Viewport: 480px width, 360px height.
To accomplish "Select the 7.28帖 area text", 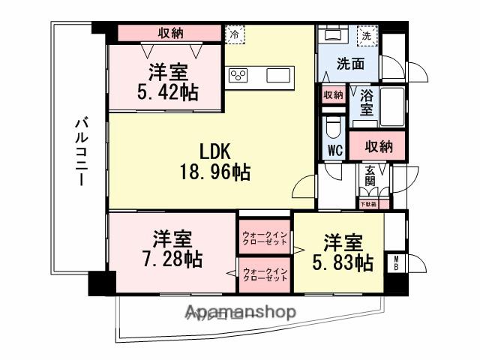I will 173,259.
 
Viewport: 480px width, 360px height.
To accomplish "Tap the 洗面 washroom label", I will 349,64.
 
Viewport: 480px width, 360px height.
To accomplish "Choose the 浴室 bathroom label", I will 367,103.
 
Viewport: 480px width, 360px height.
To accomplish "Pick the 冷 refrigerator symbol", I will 234,34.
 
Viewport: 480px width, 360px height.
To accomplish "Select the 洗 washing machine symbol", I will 367,34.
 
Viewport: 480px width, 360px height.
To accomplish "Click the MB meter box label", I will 396,265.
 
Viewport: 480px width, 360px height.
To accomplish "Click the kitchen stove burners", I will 239,75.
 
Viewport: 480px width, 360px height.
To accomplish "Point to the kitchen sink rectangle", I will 277,75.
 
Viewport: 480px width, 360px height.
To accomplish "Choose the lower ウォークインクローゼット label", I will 265,274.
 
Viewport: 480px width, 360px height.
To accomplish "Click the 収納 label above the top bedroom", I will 170,33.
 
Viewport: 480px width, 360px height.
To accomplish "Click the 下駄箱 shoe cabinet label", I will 367,204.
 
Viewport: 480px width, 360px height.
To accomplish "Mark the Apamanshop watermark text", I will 239,313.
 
